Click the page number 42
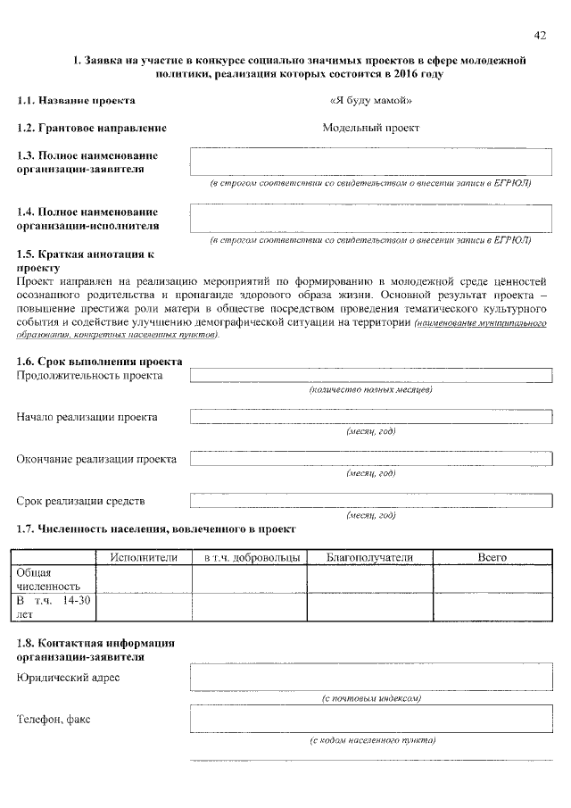click(539, 35)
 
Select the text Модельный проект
click(370, 128)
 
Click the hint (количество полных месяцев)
click(370, 391)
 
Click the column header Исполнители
click(144, 557)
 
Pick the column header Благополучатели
click(369, 557)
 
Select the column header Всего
click(492, 557)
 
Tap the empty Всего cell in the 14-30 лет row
click(492, 607)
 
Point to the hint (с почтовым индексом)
click(370, 698)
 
